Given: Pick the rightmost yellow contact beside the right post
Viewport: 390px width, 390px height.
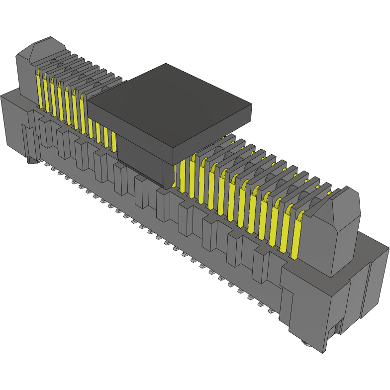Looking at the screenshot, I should [x=296, y=239].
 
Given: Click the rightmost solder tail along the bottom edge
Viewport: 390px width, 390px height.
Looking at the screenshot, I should [x=270, y=311].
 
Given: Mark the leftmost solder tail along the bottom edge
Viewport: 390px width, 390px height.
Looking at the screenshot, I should [x=46, y=164].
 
